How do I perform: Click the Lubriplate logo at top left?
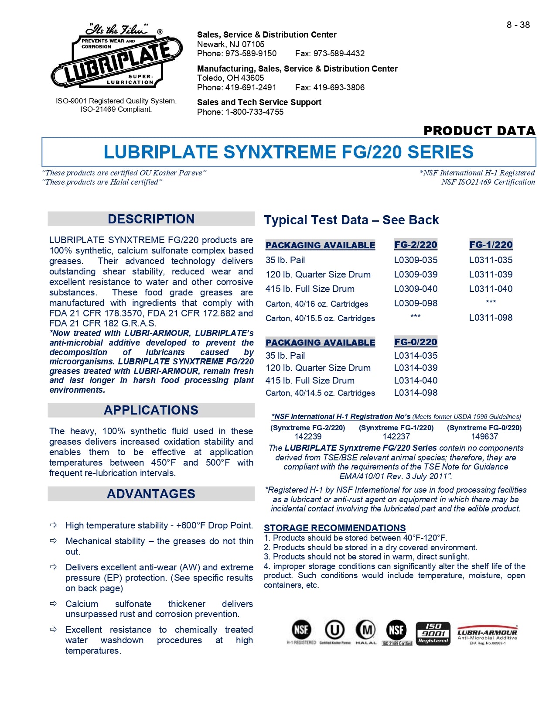tap(116, 57)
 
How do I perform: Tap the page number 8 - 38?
tap(518, 25)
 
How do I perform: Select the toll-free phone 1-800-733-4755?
tap(254, 112)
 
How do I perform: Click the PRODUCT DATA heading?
tap(479, 130)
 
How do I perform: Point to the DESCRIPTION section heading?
tap(151, 219)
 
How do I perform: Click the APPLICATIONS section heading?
tap(151, 410)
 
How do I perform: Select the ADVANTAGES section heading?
tap(151, 494)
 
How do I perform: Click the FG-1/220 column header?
tap(491, 245)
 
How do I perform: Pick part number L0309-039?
tap(416, 274)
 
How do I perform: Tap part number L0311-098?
tap(491, 318)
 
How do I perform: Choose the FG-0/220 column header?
tap(416, 342)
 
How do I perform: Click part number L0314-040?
tap(416, 381)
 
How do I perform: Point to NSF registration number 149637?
tap(484, 436)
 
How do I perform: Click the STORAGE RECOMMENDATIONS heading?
tap(334, 528)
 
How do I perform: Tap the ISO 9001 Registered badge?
tap(433, 633)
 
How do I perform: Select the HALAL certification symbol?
tap(366, 632)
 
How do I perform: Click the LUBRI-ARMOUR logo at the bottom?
tap(487, 634)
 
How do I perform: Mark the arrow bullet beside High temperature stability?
tap(53, 525)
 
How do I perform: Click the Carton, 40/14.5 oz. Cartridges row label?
tap(320, 393)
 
